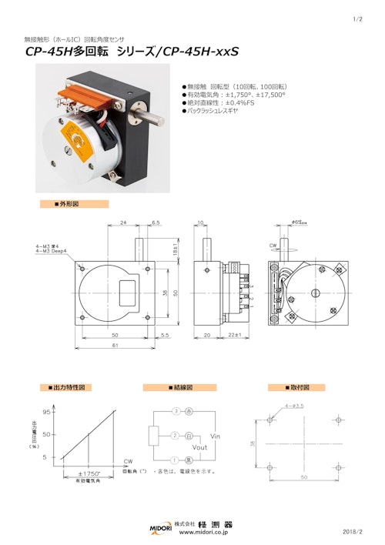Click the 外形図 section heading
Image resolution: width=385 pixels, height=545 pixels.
(68, 204)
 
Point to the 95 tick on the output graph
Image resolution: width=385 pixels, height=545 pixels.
(45, 412)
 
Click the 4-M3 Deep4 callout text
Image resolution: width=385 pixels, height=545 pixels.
(52, 251)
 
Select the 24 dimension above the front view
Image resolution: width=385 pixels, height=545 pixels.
(123, 222)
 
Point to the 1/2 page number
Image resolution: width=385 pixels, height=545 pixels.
(357, 19)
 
